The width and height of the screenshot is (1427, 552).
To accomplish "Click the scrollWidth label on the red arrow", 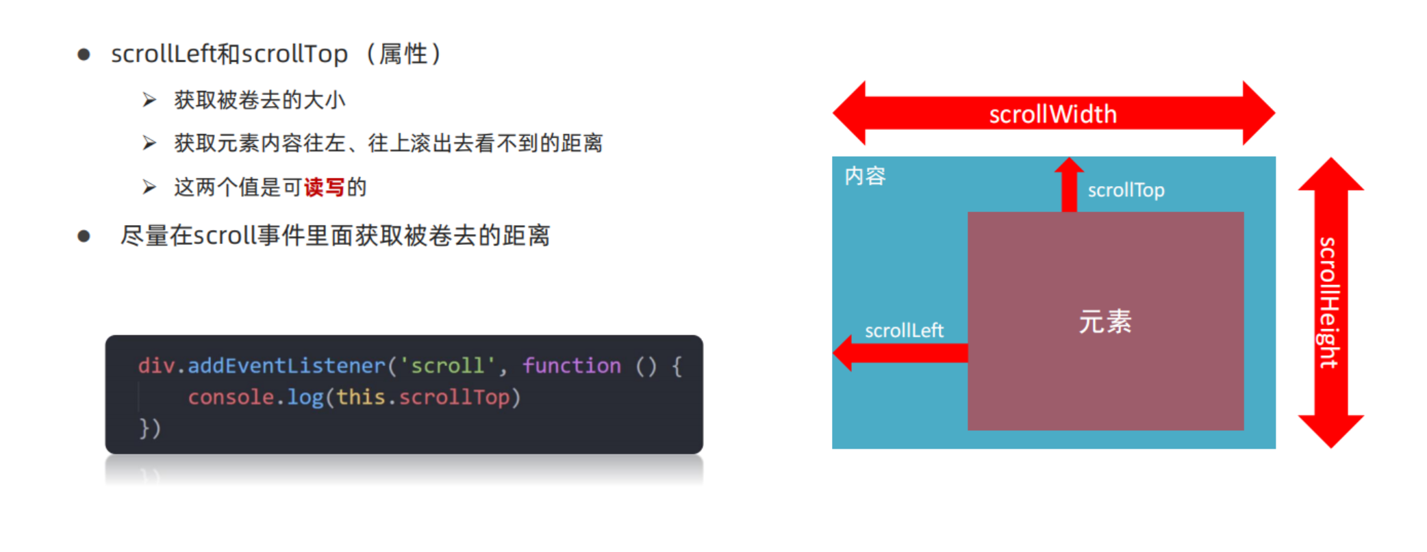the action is (1052, 114).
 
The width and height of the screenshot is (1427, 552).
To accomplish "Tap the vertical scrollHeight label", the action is (1328, 302).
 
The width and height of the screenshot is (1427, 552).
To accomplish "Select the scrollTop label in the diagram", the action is (1126, 190).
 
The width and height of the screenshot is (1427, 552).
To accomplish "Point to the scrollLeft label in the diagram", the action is (904, 331).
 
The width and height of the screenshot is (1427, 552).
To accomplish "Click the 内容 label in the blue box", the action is (865, 176).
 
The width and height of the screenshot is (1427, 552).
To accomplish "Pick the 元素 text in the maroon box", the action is (1105, 321).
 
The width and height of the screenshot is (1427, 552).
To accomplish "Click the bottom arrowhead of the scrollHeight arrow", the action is (1330, 430).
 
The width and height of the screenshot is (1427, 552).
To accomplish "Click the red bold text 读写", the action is (324, 187).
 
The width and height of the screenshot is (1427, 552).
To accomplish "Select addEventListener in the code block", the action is (286, 366).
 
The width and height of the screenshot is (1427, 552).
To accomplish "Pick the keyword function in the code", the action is (572, 366).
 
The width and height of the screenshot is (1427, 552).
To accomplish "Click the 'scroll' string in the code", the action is (447, 366).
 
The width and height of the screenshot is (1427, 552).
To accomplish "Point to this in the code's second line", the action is (361, 397).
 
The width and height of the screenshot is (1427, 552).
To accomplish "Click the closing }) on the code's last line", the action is (150, 429).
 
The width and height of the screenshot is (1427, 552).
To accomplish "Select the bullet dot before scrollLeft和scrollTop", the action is (84, 55).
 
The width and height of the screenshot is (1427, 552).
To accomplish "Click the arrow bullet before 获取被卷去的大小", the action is (149, 101).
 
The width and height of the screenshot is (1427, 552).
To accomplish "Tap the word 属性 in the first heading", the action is (403, 54).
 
